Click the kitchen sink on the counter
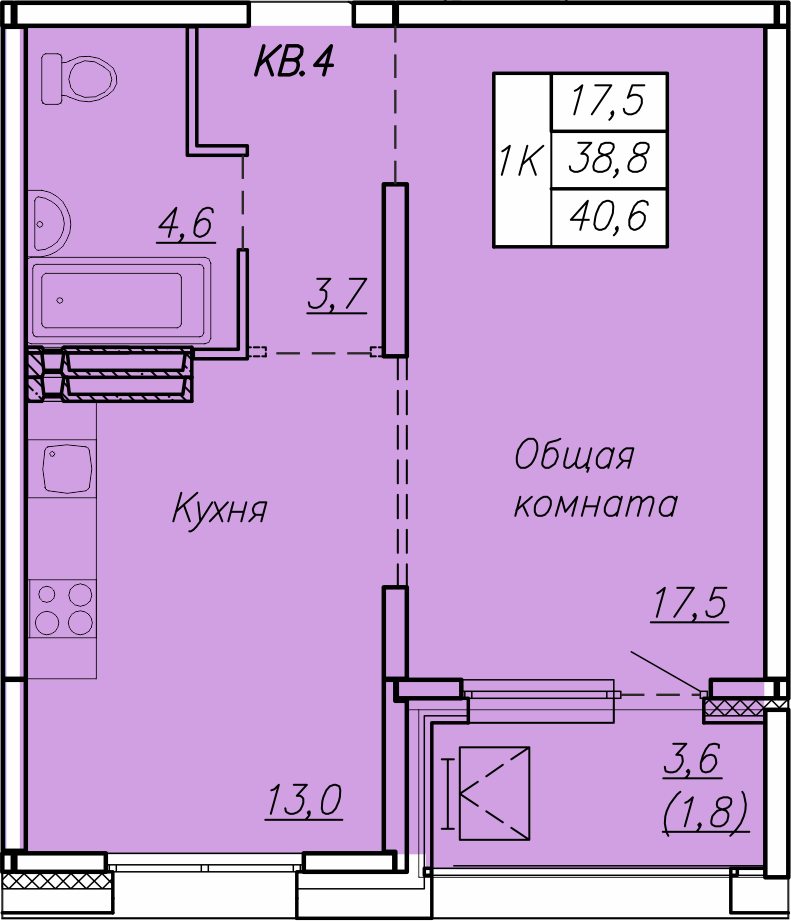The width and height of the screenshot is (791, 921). pyautogui.click(x=68, y=467)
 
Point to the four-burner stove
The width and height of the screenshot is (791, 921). pyautogui.click(x=63, y=608)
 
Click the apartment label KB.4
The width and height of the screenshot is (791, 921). pyautogui.click(x=293, y=63)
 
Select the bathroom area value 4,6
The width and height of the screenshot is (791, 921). pyautogui.click(x=185, y=223)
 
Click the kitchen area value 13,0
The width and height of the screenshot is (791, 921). pyautogui.click(x=304, y=800)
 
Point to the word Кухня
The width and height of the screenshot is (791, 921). pyautogui.click(x=219, y=510)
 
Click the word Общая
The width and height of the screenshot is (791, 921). pyautogui.click(x=574, y=457)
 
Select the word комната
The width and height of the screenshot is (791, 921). pyautogui.click(x=595, y=504)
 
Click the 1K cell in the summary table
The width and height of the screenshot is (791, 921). pyautogui.click(x=521, y=160)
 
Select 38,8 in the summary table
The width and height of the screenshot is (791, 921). pyautogui.click(x=608, y=157)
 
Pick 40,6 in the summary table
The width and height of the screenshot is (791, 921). pyautogui.click(x=608, y=214)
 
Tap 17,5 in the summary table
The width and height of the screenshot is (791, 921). pyautogui.click(x=608, y=101)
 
